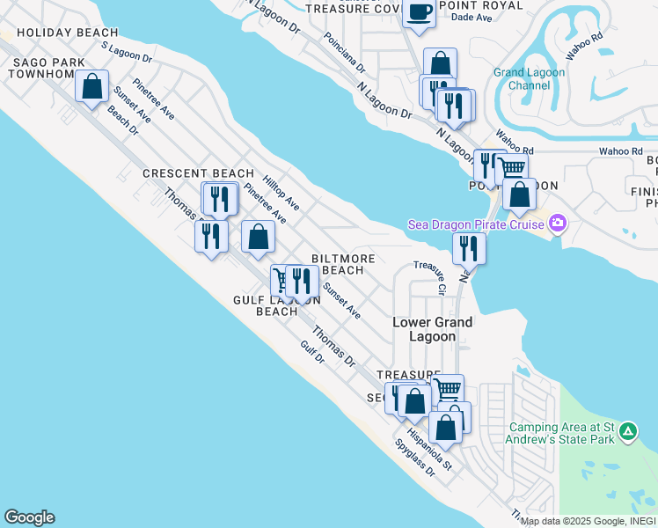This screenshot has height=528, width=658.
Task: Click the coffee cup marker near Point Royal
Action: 419,12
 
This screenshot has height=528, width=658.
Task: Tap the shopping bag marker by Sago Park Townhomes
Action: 91,86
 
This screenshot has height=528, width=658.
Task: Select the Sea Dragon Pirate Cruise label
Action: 474,224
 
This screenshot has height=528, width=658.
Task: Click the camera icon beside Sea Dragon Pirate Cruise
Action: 556,224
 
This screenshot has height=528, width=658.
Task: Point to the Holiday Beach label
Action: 55,33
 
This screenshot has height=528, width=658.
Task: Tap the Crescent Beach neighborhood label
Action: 198,173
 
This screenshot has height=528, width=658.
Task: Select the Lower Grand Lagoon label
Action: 432,329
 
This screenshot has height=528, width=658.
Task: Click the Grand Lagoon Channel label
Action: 529,79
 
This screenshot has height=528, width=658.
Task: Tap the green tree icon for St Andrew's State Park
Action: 627,432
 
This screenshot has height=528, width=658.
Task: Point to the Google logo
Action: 29,517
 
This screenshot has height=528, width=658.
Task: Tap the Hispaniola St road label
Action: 435,449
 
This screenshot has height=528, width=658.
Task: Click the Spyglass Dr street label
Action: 415,457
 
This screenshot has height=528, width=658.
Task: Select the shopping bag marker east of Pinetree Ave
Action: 258,236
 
